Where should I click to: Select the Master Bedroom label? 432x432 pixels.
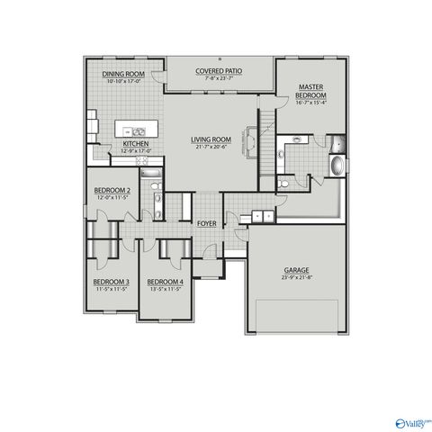(x=311, y=91)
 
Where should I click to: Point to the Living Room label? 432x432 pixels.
(x=210, y=139)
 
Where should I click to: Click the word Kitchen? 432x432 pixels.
(x=135, y=143)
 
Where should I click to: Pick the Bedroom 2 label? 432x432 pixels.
(x=112, y=191)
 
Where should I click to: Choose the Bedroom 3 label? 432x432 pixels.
(x=111, y=283)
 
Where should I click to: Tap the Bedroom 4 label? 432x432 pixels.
(x=164, y=283)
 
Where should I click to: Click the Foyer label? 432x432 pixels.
(x=206, y=224)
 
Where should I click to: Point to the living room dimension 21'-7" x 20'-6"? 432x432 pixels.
(x=210, y=148)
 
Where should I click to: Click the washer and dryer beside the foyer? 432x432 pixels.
(x=261, y=216)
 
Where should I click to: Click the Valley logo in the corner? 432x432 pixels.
(x=412, y=420)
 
